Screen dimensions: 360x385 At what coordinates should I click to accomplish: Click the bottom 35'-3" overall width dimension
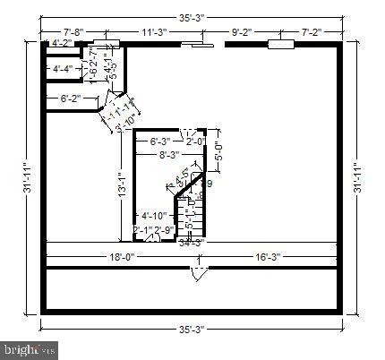(191, 329)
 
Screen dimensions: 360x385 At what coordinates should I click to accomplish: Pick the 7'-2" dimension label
(312, 32)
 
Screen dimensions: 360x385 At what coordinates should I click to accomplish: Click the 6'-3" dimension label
(161, 141)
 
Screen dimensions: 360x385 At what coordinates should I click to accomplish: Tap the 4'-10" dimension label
(154, 216)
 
